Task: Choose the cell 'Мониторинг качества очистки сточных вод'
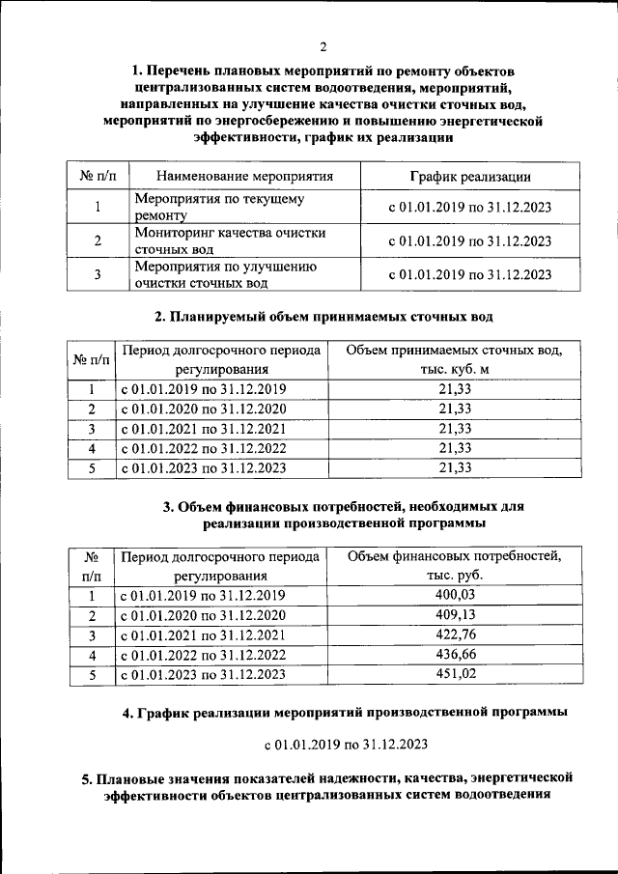point(229,241)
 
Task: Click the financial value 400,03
point(454,595)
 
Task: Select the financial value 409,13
point(454,614)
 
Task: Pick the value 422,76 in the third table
point(454,634)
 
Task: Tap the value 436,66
point(454,655)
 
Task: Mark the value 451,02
point(454,674)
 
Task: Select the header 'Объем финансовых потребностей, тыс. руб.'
point(454,565)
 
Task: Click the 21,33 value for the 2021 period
point(454,428)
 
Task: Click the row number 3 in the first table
point(98,274)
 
